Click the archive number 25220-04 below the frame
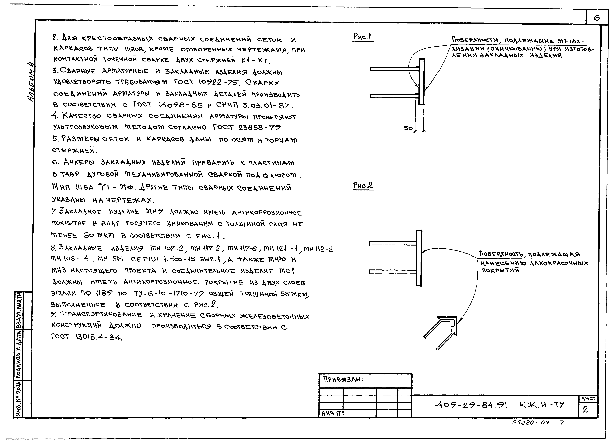click(x=530, y=422)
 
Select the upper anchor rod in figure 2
click(x=393, y=243)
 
